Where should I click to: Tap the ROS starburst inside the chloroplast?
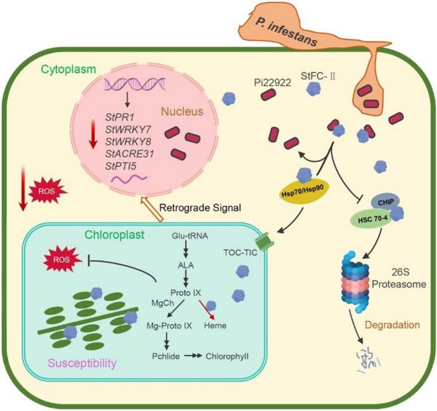click(64, 258)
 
